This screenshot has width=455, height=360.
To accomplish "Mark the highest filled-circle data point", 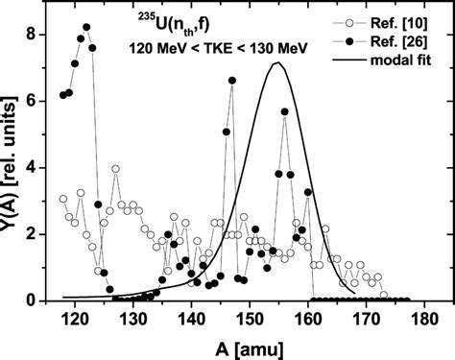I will [x=86, y=27].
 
